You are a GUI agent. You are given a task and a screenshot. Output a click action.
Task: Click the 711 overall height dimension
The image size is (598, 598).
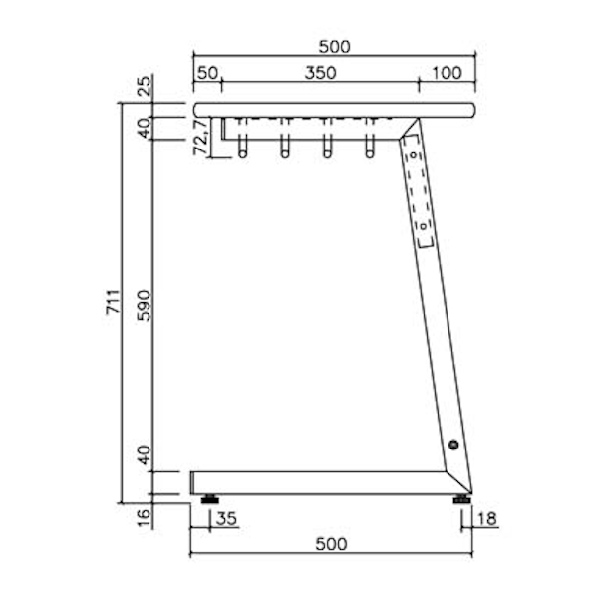pos(114,302)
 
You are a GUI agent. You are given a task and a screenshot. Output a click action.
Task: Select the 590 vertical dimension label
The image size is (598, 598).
pos(145,306)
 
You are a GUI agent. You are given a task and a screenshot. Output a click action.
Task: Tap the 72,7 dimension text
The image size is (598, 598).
pos(201,137)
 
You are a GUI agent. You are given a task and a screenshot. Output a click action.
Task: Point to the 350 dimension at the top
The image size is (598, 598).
pos(320,73)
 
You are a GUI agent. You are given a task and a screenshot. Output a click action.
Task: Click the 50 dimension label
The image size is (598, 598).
pos(207,73)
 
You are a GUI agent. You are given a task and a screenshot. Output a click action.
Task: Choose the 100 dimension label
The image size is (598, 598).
pos(447,73)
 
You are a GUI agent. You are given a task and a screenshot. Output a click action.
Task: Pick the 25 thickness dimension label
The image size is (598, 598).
pos(145,86)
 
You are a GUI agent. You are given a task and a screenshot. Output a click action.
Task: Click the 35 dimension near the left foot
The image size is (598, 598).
pos(226,519)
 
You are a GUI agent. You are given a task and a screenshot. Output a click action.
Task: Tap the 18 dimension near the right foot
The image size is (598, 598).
pos(487,519)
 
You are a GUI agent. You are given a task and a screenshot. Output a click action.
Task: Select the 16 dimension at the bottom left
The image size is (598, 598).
pos(145,517)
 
